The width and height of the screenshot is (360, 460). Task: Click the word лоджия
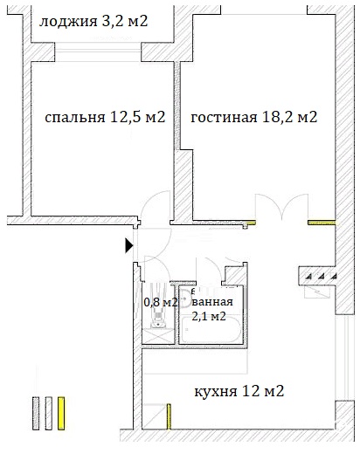68,22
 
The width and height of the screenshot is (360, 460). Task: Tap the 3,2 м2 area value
125,21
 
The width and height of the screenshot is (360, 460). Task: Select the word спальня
75,118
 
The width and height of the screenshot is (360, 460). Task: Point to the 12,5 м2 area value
138,117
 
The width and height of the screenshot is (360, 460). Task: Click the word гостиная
224,118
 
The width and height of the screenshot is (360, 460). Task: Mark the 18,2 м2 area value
289,117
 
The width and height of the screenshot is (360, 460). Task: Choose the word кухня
216,392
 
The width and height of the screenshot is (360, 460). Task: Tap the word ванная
212,302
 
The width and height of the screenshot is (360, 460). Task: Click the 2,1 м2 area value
209,316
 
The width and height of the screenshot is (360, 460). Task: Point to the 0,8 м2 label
161,302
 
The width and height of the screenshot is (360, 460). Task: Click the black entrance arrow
129,245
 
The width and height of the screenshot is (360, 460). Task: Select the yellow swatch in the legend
61,414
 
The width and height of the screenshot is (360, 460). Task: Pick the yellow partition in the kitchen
169,416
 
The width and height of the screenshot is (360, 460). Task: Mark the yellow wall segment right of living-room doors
322,223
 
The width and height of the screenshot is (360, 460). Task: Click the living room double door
282,207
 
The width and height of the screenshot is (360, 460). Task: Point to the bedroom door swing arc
154,205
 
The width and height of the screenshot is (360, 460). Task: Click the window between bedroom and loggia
98,52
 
